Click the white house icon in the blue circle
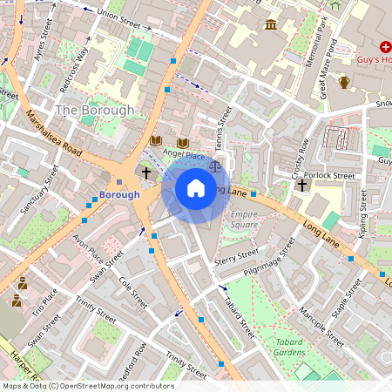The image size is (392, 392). coord(196,187)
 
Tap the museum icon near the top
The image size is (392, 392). coord(271,24)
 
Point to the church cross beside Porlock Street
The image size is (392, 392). coord(301,185)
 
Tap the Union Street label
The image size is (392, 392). coord(118,14)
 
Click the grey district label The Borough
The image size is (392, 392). coord(95,111)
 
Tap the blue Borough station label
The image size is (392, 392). coord(119,194)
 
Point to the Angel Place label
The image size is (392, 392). coord(185,156)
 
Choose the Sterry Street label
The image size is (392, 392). coord(238,254)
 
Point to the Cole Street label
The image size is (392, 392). coord(133,293)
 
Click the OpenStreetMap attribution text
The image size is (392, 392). coord(87,386)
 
